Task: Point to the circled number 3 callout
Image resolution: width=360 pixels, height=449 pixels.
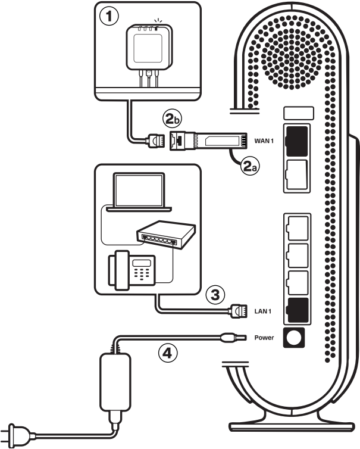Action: tap(215, 294)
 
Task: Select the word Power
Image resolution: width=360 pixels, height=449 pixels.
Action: tap(263, 338)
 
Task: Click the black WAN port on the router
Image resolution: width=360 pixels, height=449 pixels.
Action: tap(296, 138)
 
